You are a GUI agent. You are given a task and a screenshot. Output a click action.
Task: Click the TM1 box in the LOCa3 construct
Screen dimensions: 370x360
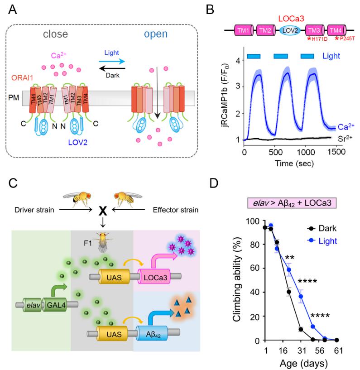click(x=244, y=31)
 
